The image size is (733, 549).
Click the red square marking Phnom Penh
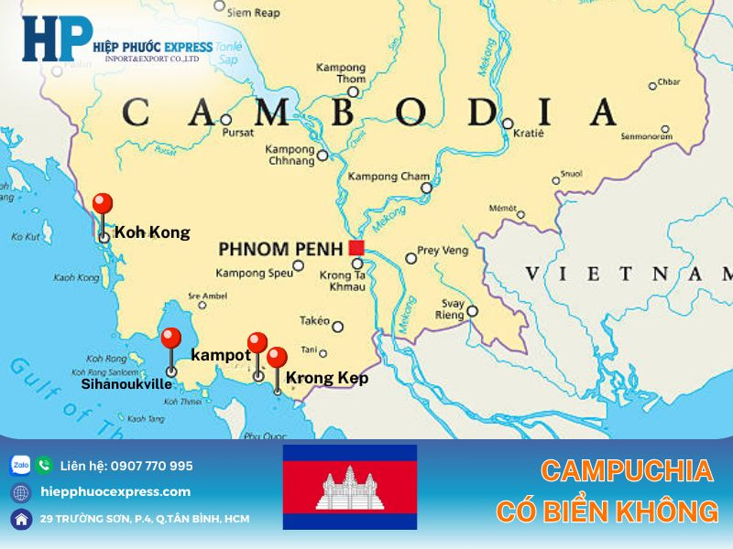pos(356,247)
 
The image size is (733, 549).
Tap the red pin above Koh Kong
pos(104,204)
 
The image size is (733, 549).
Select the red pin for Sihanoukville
pos(170,339)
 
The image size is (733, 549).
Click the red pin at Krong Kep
pos(277,358)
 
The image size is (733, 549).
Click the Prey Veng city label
pos(442,250)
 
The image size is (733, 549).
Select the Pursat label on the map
pos(237,132)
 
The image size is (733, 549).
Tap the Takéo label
pos(314,320)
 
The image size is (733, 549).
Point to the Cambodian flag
pos(349,487)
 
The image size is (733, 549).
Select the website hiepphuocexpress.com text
pos(116,491)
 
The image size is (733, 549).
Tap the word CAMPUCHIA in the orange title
pos(626,471)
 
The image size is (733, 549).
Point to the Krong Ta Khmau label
pos(343,281)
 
